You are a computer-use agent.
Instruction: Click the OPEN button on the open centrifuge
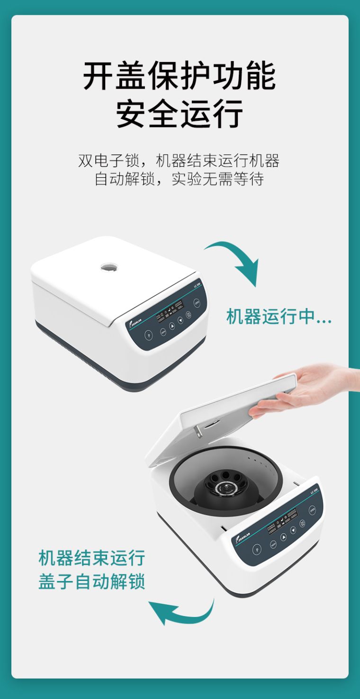[x=312, y=510]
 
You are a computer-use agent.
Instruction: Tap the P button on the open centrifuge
[x=257, y=549]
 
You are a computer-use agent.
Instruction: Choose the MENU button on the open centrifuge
[x=273, y=544]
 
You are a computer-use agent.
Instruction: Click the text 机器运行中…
[x=279, y=317]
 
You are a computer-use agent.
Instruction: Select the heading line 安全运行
[x=180, y=113]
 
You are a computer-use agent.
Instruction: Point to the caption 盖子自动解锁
[x=91, y=581]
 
